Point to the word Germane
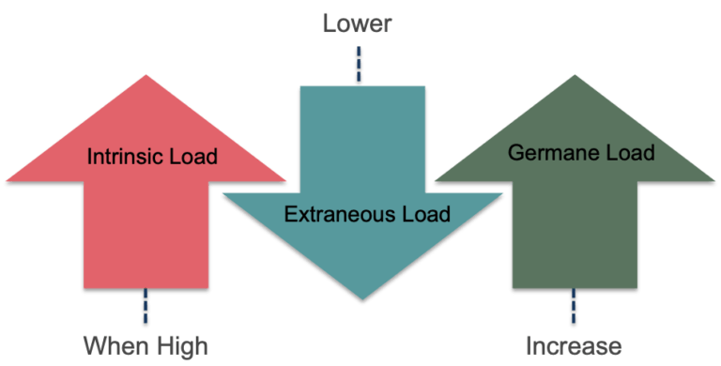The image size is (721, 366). pyautogui.click(x=542, y=151)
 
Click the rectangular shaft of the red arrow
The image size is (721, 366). pyautogui.click(x=146, y=235)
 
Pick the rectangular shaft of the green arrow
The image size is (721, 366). pyautogui.click(x=573, y=235)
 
